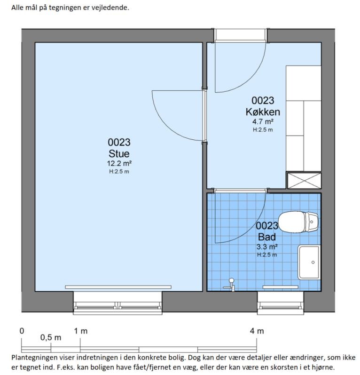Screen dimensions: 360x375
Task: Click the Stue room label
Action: click(119, 153)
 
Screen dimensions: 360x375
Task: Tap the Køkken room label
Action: click(263, 112)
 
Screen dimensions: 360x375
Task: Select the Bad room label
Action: click(267, 237)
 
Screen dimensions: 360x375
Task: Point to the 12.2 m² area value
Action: click(119, 164)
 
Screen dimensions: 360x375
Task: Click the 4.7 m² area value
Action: click(263, 122)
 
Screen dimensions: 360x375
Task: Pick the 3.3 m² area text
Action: click(267, 247)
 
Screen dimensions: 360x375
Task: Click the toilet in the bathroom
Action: click(298, 222)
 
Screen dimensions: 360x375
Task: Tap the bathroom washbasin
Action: click(309, 262)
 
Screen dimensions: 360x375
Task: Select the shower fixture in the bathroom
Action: click(230, 285)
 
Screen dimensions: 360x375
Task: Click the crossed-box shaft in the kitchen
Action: click(304, 181)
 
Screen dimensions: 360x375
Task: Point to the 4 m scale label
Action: click(257, 331)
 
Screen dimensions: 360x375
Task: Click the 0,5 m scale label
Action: click(51, 338)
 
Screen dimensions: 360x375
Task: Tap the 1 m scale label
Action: click(81, 331)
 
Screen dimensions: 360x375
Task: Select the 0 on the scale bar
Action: click(22, 331)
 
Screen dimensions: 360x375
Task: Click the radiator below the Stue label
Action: click(118, 287)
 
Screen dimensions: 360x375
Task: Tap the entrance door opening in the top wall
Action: click(241, 35)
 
